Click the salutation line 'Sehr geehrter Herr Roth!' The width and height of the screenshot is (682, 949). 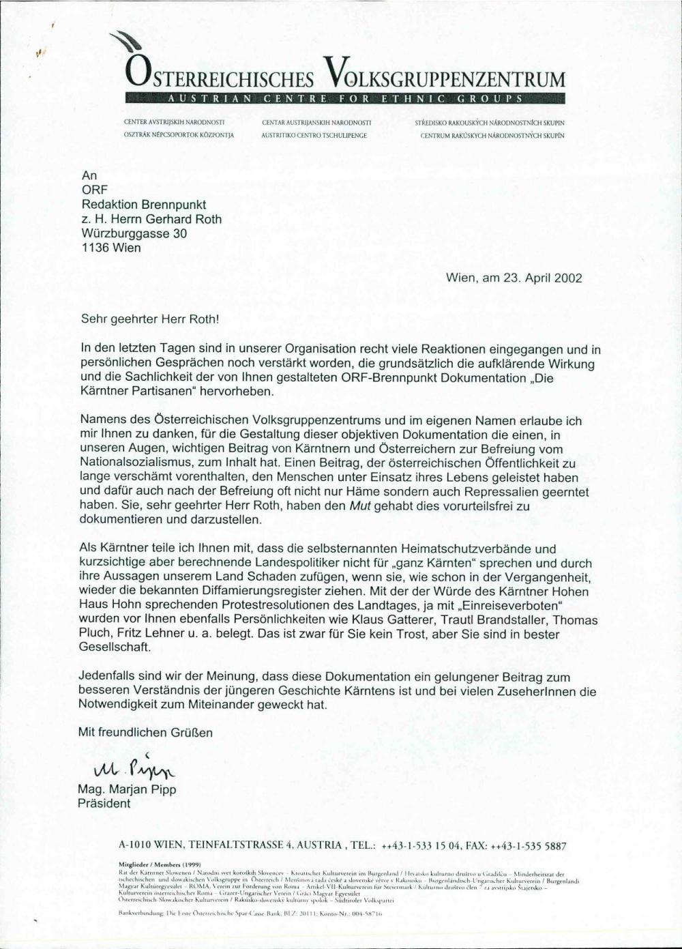tap(141, 318)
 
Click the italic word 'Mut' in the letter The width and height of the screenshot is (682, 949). tap(359, 506)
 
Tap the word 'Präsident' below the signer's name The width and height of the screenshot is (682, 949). tap(104, 803)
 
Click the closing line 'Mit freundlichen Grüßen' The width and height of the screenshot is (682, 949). tap(146, 733)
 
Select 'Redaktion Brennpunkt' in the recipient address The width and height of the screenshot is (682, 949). tap(144, 205)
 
